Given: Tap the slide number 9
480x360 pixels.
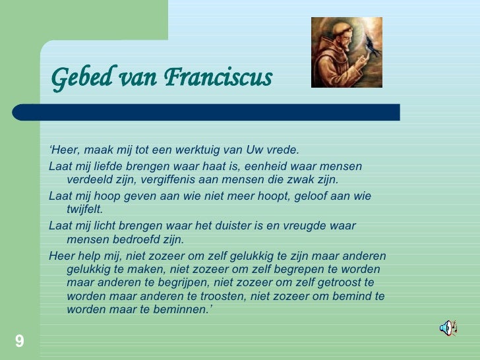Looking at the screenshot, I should (19, 341).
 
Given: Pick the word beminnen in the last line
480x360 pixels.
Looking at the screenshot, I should (184, 310).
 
